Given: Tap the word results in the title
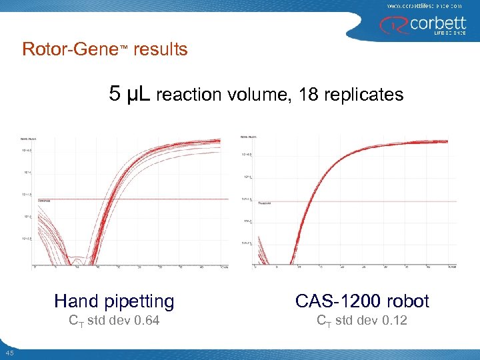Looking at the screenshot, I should point(161,50).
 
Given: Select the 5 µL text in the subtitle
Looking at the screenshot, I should point(130,95).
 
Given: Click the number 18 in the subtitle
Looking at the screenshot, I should point(308,95).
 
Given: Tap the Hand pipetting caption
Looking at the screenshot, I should point(114,301).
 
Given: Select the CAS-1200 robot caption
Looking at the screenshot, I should point(362,301).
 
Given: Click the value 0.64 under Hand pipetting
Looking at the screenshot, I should point(146,321).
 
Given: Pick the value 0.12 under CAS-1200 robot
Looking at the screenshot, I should point(393,321).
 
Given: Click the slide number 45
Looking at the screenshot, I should point(9,353).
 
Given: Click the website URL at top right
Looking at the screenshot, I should point(424,5).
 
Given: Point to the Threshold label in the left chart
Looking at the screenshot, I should point(45,199).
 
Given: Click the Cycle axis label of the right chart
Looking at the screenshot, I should point(452,267).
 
